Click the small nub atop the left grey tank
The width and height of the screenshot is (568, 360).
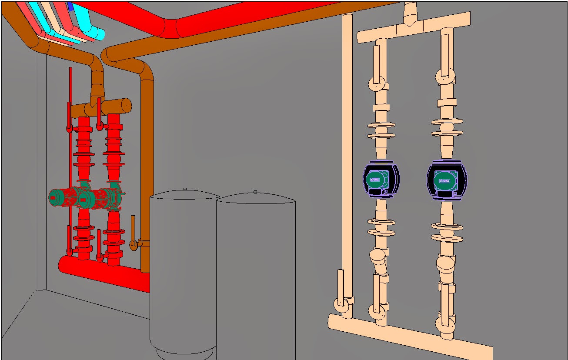[x=185, y=189]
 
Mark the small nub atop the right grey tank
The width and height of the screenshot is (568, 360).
[x=255, y=192]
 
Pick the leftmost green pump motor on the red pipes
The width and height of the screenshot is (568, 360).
[x=61, y=197]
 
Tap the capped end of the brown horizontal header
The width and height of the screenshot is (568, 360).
[x=126, y=105]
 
